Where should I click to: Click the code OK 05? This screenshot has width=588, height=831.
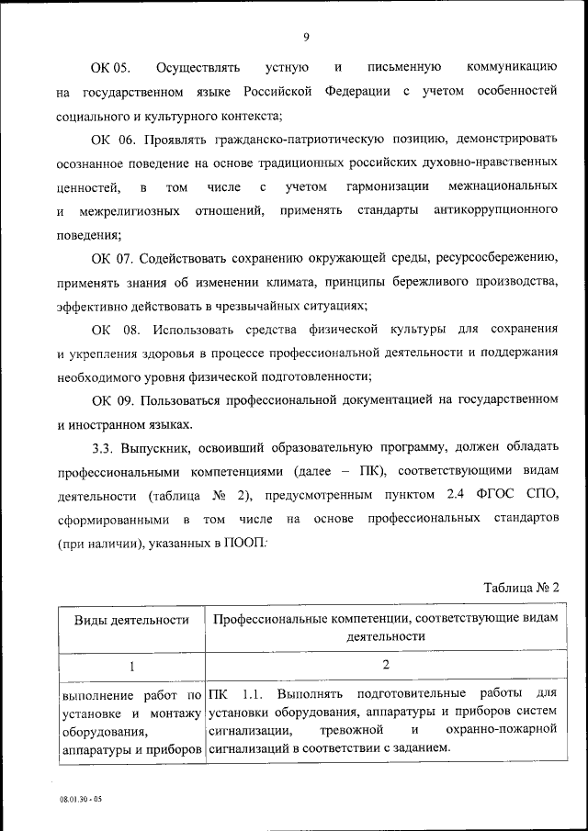pos(110,68)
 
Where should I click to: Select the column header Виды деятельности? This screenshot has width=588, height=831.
pos(131,621)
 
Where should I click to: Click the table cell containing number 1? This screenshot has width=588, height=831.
pos(131,665)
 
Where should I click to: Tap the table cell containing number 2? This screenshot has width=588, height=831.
pos(386,665)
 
